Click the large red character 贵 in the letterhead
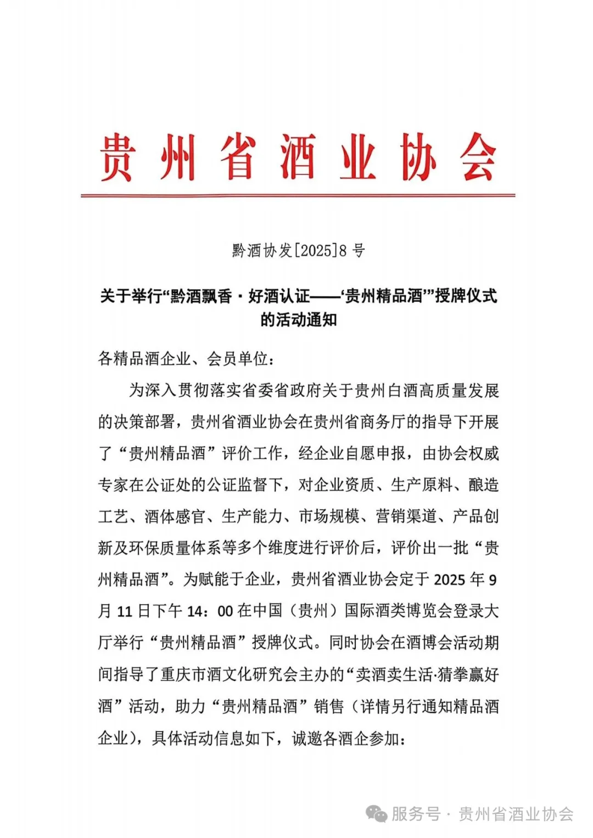pos(117,158)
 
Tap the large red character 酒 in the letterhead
pos(297,158)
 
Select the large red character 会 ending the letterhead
pos(478,158)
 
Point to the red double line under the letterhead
pos(298,195)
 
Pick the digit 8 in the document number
pos(343,251)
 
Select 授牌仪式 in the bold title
pos(466,296)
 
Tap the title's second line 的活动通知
pos(298,319)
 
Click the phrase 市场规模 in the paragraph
pos(329,516)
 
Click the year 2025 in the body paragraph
pos(451,580)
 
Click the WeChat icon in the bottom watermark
pos(377,814)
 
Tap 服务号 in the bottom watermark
pos(416,814)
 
